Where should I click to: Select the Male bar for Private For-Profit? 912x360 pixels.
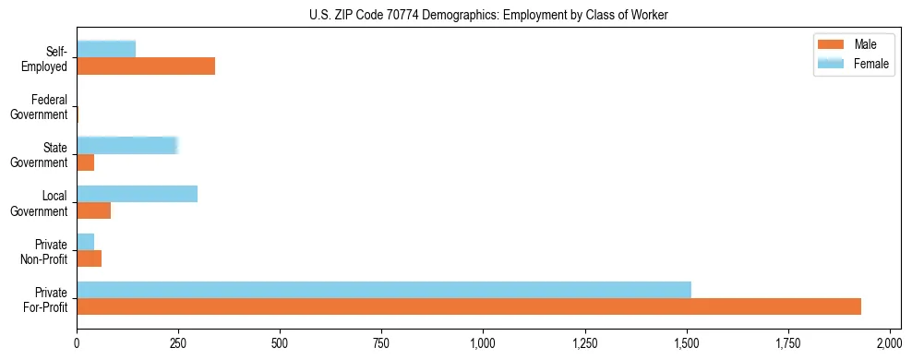[469, 306]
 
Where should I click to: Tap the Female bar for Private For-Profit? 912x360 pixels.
[384, 289]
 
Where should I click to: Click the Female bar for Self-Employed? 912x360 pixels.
[106, 49]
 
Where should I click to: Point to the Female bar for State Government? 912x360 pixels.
[127, 145]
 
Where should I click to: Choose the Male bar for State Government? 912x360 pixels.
[86, 162]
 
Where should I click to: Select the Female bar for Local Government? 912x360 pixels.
[138, 193]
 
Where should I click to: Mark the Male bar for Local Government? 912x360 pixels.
[94, 210]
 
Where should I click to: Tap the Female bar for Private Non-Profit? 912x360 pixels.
[86, 241]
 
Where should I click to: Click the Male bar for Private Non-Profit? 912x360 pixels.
[90, 258]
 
